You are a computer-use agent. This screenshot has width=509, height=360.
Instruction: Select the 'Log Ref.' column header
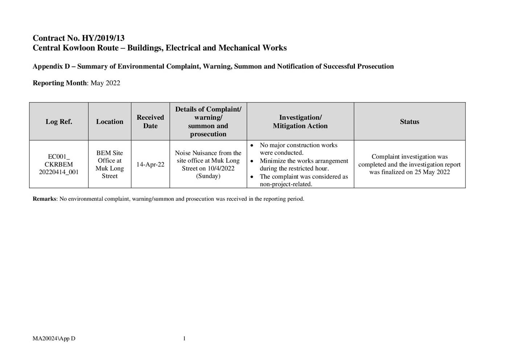point(59,122)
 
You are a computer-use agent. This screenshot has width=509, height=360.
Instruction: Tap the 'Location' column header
point(110,122)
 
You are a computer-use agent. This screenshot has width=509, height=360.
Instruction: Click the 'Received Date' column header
point(150,122)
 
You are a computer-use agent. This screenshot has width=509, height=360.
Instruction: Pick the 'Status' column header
point(409,122)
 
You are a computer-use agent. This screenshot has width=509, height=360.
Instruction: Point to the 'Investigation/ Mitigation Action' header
point(300,122)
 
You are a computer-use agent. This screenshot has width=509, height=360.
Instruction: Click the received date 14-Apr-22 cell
point(150,165)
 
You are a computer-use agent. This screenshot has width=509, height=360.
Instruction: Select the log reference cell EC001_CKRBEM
point(59,165)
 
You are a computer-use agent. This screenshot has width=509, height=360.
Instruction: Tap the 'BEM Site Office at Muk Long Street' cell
point(110,165)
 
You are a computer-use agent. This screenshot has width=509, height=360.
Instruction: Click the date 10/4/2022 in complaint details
point(221,169)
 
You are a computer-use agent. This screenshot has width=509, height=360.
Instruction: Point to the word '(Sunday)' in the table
point(208,176)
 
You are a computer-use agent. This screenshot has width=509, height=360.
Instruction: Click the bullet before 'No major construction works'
point(252,145)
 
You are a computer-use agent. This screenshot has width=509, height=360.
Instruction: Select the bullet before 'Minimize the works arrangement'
point(252,161)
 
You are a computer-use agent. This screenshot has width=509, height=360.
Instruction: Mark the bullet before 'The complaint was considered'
point(252,177)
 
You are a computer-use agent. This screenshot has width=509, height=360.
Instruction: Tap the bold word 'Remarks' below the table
point(44,199)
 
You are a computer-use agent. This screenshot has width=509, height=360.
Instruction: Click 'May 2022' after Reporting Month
point(105,83)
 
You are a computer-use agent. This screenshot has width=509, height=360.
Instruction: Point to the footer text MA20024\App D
point(54,339)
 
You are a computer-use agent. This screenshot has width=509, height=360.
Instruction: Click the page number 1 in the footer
point(184,339)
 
